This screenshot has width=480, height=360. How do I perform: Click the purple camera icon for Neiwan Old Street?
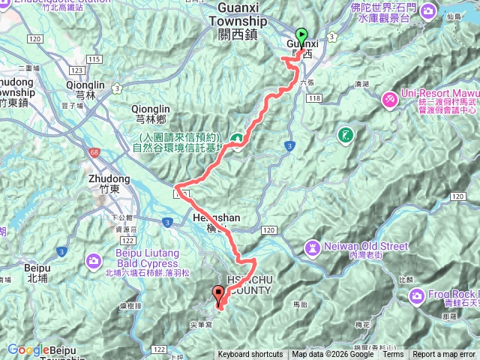[x=312, y=247]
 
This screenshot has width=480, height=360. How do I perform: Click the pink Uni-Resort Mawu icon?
[x=390, y=99]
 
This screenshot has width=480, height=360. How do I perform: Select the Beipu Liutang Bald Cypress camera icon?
[x=94, y=261]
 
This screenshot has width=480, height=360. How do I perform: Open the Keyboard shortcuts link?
[x=250, y=355]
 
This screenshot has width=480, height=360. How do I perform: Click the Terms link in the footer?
[x=393, y=355]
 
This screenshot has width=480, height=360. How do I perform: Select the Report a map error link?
[x=444, y=355]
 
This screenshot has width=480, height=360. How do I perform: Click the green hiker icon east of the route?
[x=345, y=136]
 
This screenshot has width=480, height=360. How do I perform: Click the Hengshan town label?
[x=215, y=217]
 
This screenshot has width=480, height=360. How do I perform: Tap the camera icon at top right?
[x=428, y=11]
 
